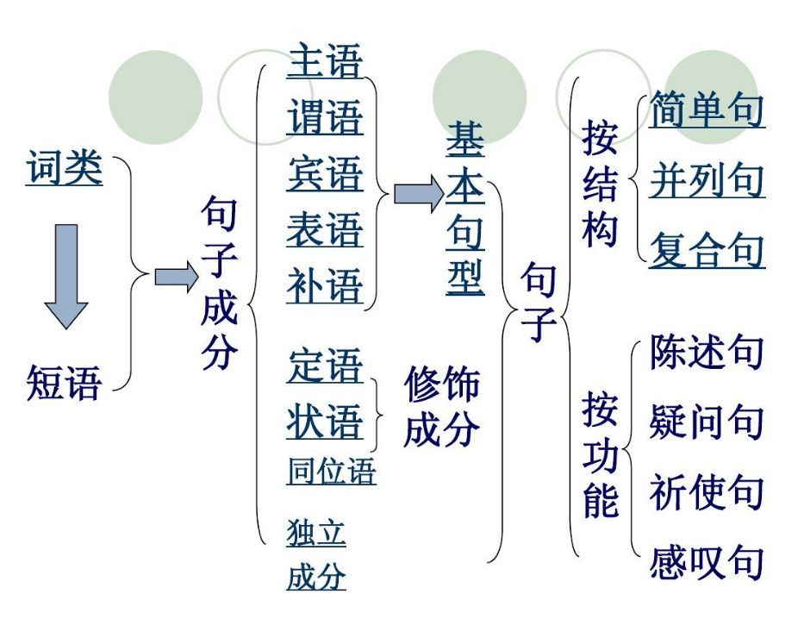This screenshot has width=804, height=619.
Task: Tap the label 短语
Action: click(x=65, y=382)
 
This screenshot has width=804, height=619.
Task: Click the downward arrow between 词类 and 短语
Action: click(x=65, y=275)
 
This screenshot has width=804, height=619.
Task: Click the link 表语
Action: click(x=325, y=230)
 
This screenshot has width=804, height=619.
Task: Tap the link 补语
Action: click(x=325, y=286)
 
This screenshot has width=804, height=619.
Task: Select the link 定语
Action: click(x=325, y=366)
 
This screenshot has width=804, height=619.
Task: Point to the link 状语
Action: click(x=325, y=422)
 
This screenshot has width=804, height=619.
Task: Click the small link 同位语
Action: click(x=331, y=472)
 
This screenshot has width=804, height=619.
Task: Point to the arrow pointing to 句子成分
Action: click(x=176, y=277)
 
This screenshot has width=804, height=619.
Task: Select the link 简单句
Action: click(x=707, y=109)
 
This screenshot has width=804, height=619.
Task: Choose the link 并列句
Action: click(x=707, y=180)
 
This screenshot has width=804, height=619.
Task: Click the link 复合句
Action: click(x=707, y=251)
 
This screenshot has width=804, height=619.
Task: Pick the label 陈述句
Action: click(x=707, y=352)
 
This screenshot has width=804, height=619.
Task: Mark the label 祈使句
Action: click(x=707, y=492)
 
